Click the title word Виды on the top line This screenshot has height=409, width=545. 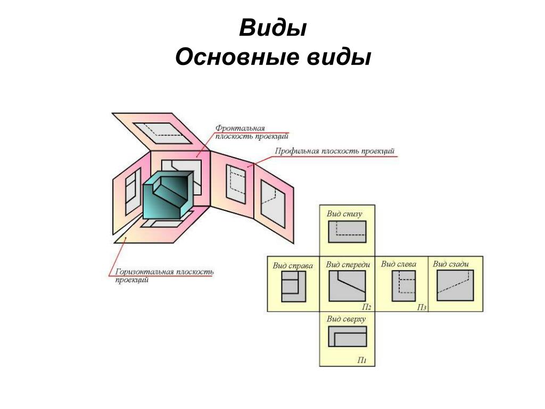click(272, 28)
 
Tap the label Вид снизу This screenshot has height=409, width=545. click(344, 214)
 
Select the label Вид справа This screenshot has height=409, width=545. click(293, 265)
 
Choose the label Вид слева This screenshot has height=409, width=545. click(399, 264)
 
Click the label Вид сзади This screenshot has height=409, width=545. click(451, 264)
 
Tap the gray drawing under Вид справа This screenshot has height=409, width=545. click(293, 287)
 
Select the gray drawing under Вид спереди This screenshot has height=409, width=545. click(348, 287)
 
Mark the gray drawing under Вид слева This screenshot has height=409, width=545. click(403, 287)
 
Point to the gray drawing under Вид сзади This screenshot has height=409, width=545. click(455, 285)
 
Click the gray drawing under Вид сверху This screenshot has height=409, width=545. click(348, 337)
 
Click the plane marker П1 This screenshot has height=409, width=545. click(361, 361)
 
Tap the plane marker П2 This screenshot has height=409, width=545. click(366, 307)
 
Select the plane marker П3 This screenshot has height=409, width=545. click(421, 307)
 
